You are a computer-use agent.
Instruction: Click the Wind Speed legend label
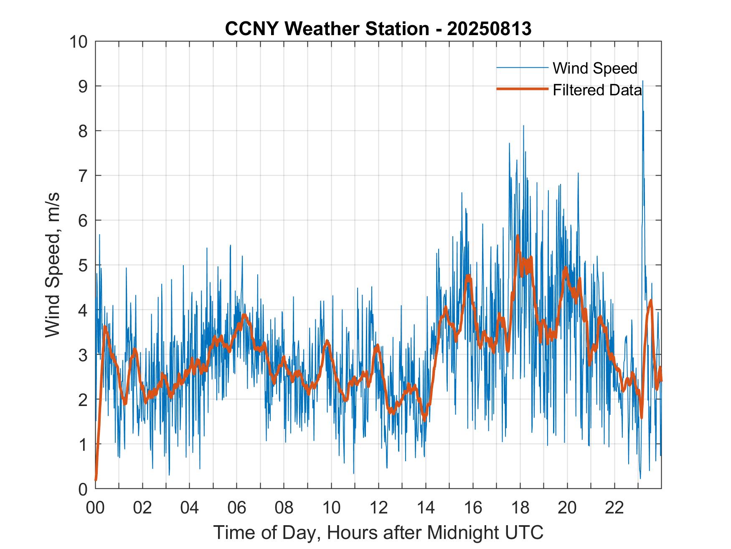pyautogui.click(x=595, y=68)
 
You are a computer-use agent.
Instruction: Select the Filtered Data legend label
pyautogui.click(x=597, y=90)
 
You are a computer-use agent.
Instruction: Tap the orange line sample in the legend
pyautogui.click(x=522, y=89)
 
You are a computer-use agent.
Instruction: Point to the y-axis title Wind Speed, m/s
pyautogui.click(x=53, y=265)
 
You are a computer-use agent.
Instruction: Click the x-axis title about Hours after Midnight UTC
pyautogui.click(x=378, y=532)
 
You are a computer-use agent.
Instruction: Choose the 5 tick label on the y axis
pyautogui.click(x=82, y=265)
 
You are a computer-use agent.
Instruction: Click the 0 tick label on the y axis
pyautogui.click(x=82, y=489)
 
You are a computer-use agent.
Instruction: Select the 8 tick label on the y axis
pyautogui.click(x=82, y=131)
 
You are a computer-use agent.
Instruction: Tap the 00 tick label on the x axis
pyautogui.click(x=95, y=508)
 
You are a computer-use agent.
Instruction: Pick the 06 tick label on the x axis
pyautogui.click(x=237, y=508)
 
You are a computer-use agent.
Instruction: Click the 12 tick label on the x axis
pyautogui.click(x=378, y=508)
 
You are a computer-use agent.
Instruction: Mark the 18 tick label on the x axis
pyautogui.click(x=520, y=508)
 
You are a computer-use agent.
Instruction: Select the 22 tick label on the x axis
pyautogui.click(x=614, y=508)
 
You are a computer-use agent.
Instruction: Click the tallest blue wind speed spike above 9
pyautogui.click(x=642, y=82)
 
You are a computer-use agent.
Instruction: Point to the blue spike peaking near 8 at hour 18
pyautogui.click(x=523, y=126)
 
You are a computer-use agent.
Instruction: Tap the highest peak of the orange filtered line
pyautogui.click(x=518, y=236)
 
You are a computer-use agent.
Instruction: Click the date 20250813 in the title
pyautogui.click(x=489, y=29)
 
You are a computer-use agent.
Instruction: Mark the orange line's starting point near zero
pyautogui.click(x=96, y=479)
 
